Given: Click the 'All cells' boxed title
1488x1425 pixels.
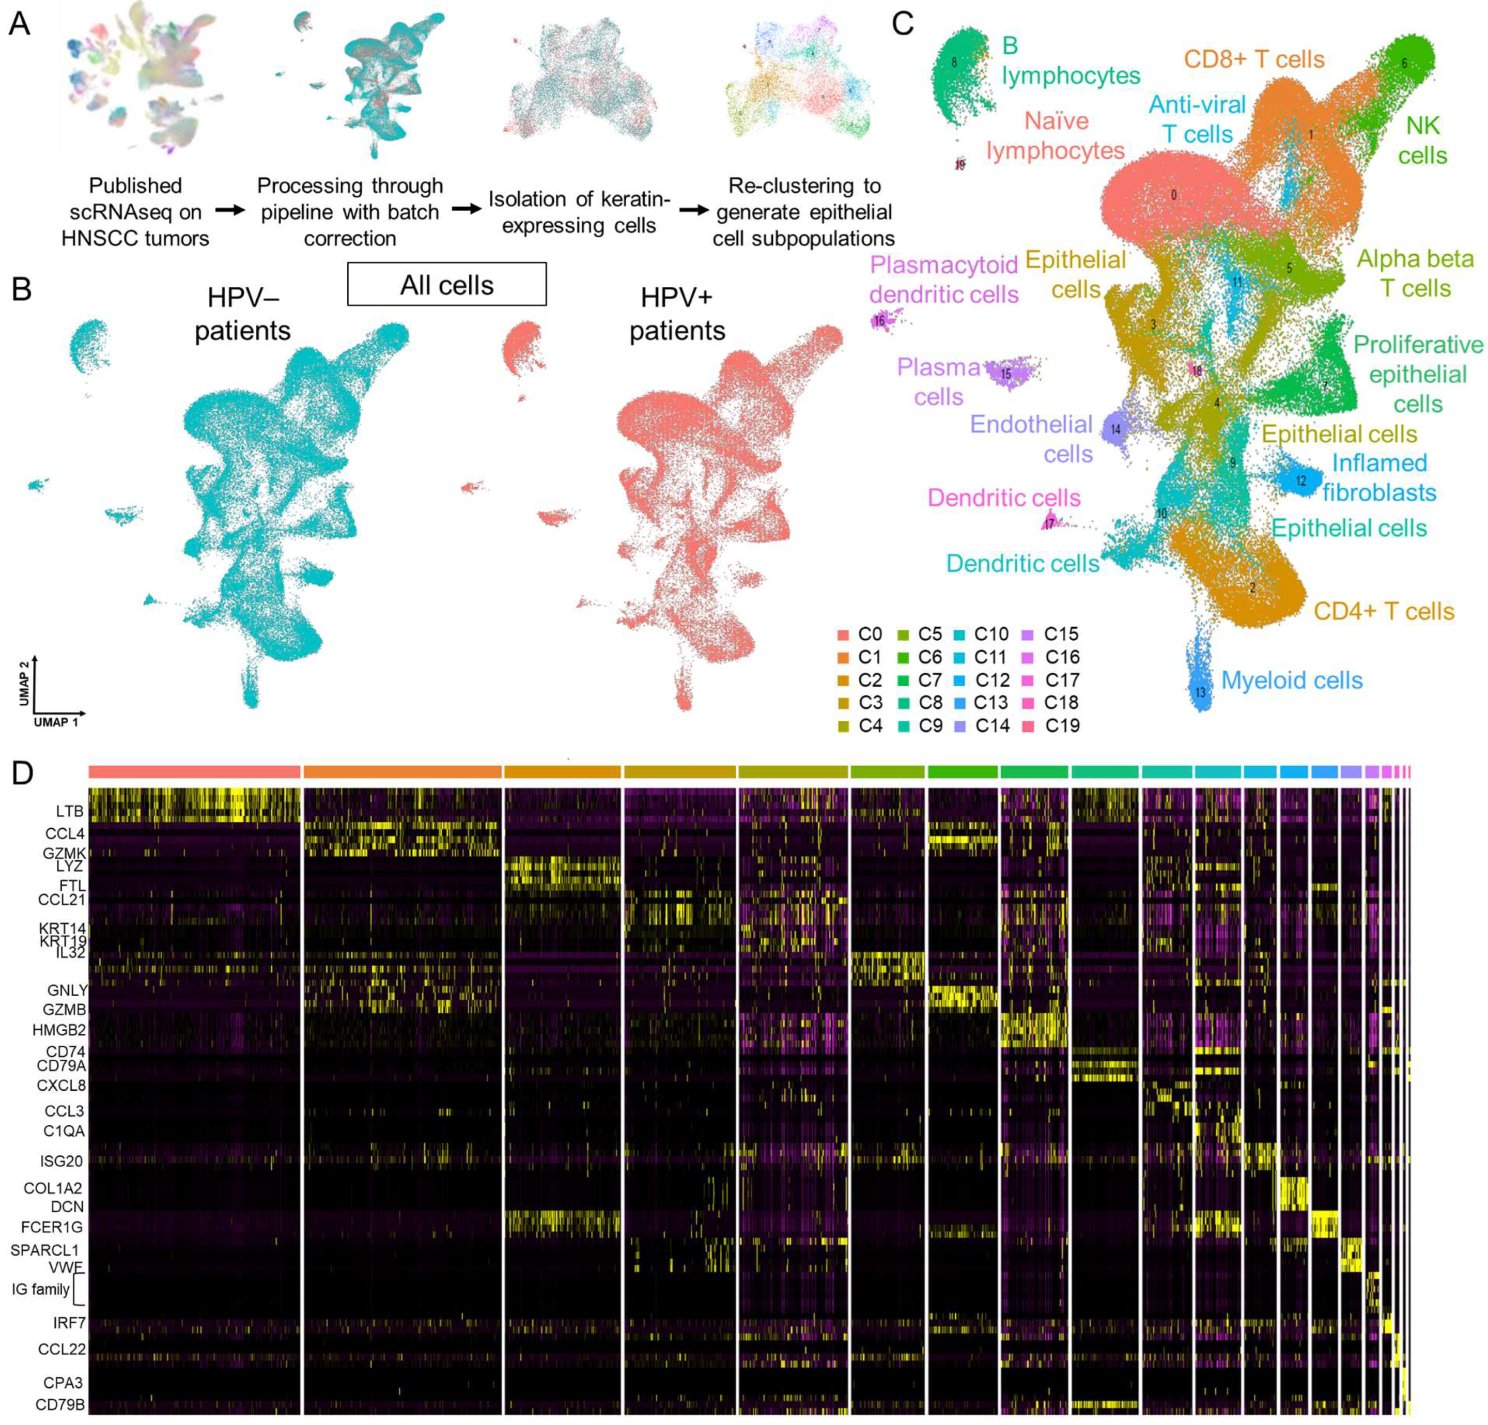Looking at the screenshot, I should click(446, 285).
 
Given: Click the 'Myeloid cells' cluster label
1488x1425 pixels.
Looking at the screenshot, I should click(1291, 680).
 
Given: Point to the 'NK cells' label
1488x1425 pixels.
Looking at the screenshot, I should click(1422, 141).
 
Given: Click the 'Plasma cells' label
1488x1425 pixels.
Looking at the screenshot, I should click(938, 382).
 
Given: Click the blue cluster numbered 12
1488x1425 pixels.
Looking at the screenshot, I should click(1300, 481).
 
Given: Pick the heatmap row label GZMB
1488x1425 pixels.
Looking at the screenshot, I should click(65, 1010).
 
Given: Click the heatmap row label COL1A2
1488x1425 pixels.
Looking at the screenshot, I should click(53, 1188).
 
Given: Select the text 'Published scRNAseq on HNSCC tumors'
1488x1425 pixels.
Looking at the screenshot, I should click(135, 212).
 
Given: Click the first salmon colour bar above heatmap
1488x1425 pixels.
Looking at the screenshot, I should click(194, 771).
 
